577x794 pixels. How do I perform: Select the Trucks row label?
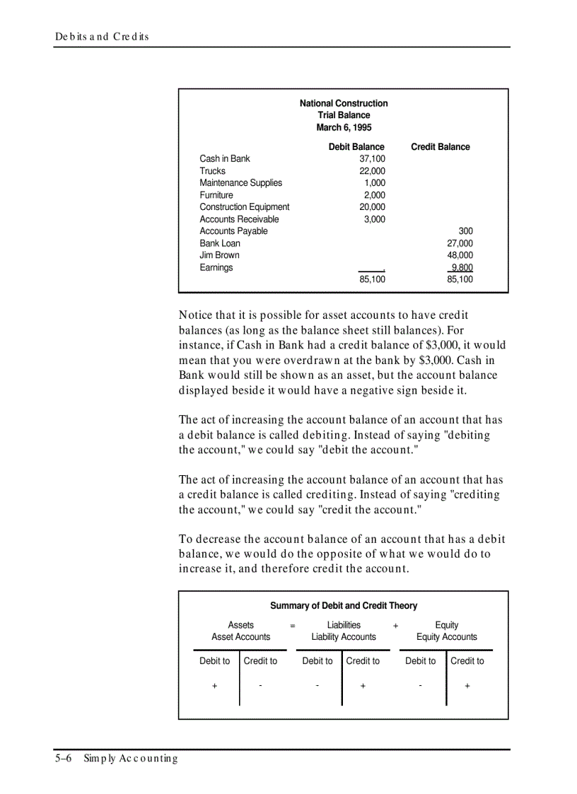click(213, 171)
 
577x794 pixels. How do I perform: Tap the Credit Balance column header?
click(440, 147)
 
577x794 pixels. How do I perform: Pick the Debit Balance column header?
click(356, 147)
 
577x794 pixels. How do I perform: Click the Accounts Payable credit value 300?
click(465, 231)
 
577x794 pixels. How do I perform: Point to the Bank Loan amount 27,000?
click(460, 243)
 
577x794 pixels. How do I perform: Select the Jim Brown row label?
click(219, 255)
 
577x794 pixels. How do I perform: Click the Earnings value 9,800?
click(462, 267)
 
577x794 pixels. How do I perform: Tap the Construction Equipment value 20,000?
click(373, 207)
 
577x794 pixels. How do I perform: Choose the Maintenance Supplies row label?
click(240, 183)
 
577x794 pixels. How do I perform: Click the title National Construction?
click(344, 103)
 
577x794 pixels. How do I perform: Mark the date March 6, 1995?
click(344, 127)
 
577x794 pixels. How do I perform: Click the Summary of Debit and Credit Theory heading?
click(344, 606)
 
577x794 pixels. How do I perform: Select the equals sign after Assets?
click(293, 626)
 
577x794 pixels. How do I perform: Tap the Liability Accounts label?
click(344, 637)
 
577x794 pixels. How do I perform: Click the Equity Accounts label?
click(447, 637)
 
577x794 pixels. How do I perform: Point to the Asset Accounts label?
click(240, 637)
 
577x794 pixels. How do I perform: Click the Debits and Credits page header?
click(102, 37)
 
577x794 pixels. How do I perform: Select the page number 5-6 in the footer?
click(64, 759)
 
